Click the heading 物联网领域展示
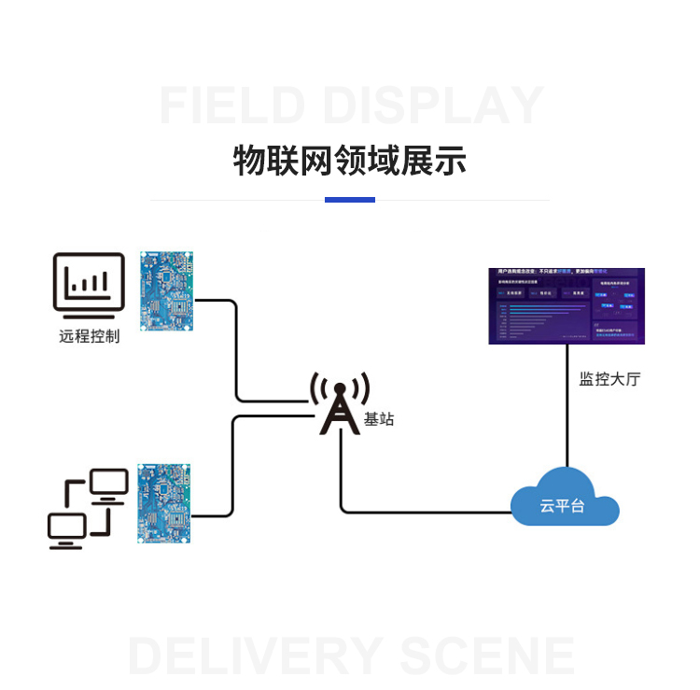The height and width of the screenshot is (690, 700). coord(349,162)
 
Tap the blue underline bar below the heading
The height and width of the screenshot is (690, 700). coord(349,200)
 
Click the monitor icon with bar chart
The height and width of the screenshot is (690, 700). coord(89,282)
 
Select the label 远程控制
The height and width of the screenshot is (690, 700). coord(89,336)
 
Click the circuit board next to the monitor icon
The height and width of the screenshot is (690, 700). coord(166,290)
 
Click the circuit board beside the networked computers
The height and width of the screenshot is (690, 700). coord(165,503)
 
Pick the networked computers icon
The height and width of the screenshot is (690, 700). coord(88,508)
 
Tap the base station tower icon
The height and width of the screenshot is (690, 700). coord(339,404)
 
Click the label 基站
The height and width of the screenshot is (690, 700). coord(379,419)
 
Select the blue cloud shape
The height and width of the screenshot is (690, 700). coord(565,499)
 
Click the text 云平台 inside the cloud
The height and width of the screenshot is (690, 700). coord(563,506)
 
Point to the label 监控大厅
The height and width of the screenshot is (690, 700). coord(609,379)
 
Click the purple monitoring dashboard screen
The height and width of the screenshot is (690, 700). coord(566,306)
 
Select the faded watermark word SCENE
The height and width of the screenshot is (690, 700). coord(485,655)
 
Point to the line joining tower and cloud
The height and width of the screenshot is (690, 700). coord(420,512)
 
